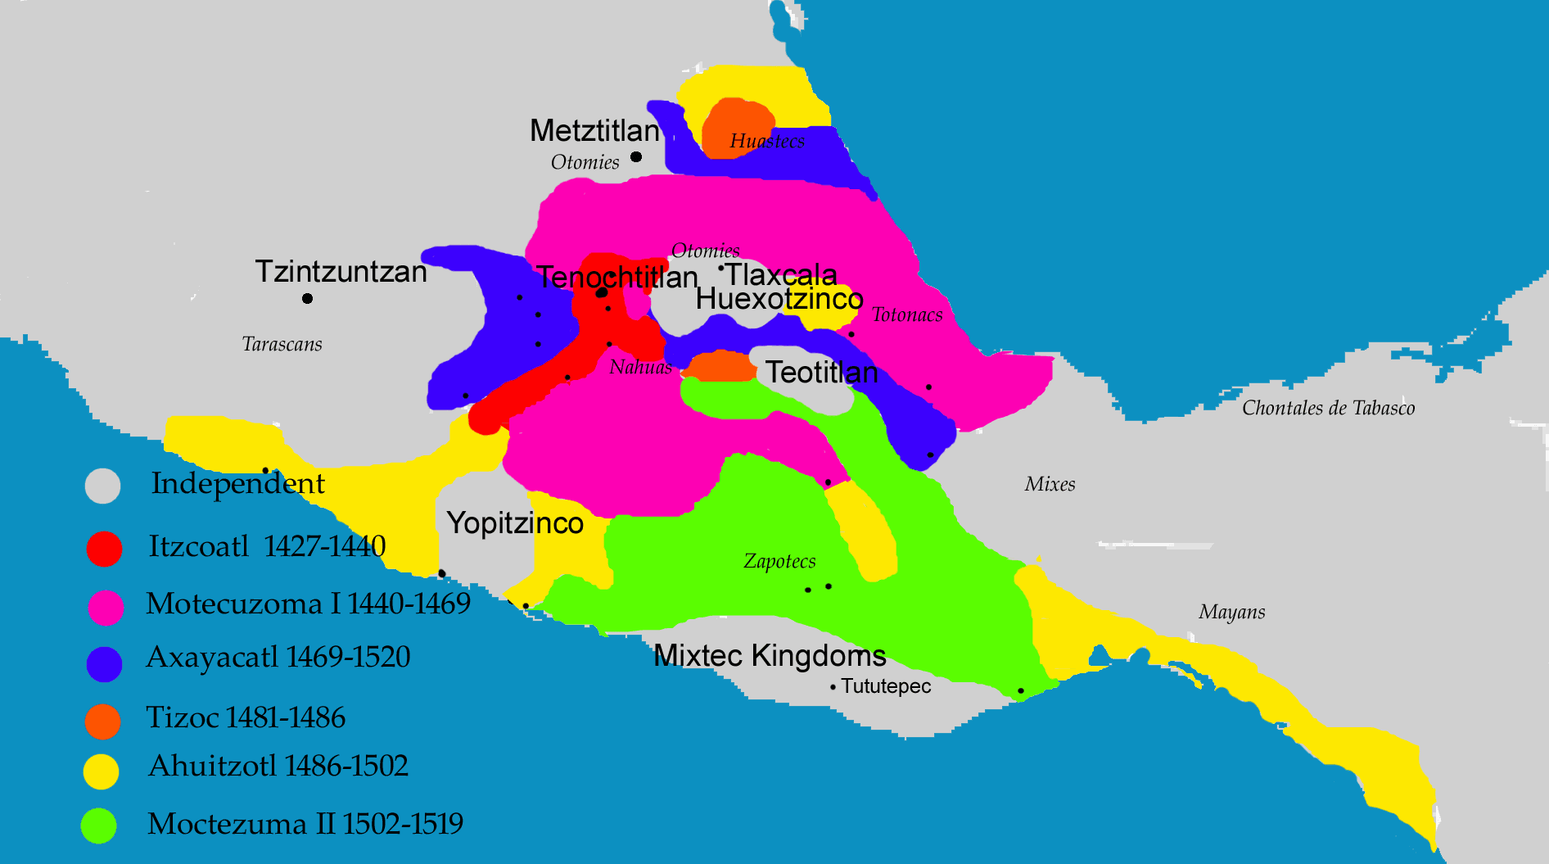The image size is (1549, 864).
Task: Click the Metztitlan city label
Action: click(x=594, y=130)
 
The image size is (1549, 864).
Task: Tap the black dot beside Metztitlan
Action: click(x=636, y=156)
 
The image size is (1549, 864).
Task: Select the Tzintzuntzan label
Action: click(x=341, y=271)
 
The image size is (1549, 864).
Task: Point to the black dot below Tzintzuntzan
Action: click(x=307, y=298)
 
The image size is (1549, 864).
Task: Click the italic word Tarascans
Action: click(x=282, y=344)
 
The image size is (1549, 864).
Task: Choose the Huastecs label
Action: click(x=767, y=141)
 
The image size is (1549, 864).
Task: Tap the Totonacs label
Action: click(x=907, y=314)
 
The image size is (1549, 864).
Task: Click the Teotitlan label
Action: click(x=821, y=373)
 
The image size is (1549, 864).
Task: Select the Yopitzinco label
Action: click(x=515, y=522)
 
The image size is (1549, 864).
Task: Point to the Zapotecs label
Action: click(x=779, y=561)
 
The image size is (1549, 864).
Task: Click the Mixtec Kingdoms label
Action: click(x=770, y=655)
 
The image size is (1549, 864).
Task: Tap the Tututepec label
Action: click(x=886, y=686)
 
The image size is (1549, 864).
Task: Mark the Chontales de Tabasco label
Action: click(x=1328, y=408)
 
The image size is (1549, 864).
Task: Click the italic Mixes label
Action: click(x=1050, y=484)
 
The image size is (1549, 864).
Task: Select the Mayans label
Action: click(x=1231, y=612)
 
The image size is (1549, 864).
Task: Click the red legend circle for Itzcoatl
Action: click(x=104, y=549)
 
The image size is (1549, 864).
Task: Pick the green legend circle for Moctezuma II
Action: click(x=99, y=826)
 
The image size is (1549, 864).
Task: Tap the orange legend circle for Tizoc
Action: click(x=103, y=721)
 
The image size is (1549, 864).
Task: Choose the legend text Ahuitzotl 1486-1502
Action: click(x=278, y=766)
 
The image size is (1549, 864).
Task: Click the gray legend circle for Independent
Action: click(x=103, y=486)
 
